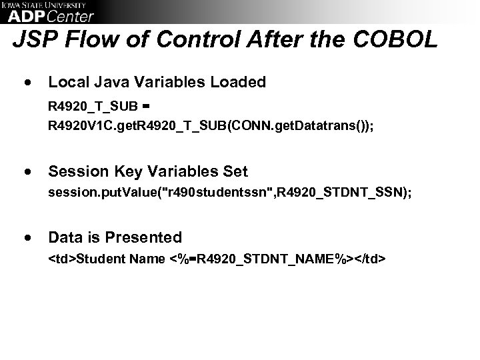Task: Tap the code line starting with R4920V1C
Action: tap(211, 124)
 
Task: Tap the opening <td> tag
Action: tap(62, 258)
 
